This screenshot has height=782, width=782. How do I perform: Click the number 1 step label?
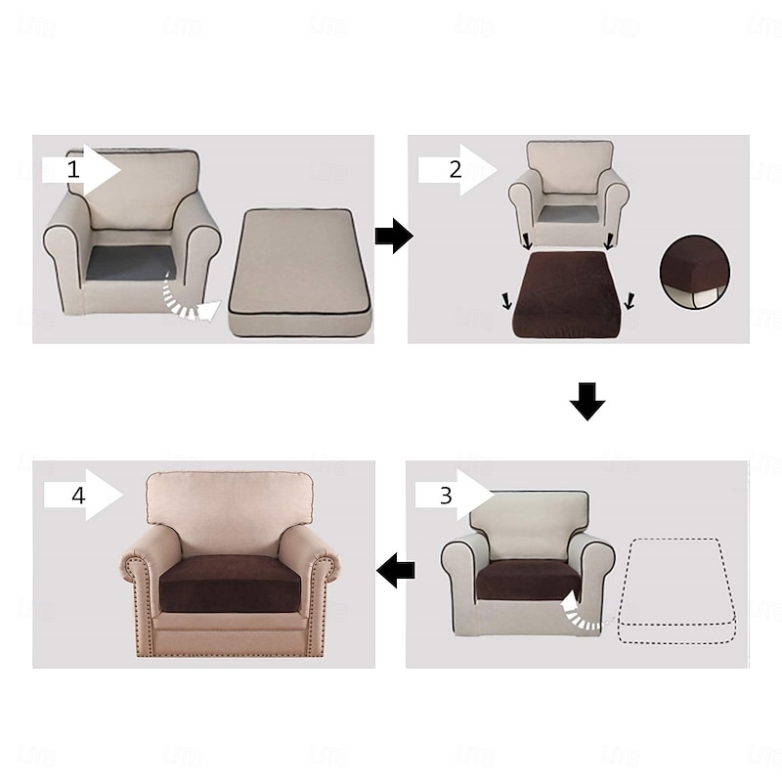pos(73,170)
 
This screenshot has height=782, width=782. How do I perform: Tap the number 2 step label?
pos(455,170)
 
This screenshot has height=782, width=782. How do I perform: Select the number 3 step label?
pos(446,496)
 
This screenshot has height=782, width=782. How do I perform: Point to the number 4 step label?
pos(78,496)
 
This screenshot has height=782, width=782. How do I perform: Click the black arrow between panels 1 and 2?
pos(394,236)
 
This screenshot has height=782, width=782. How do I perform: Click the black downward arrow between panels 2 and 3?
pos(587,402)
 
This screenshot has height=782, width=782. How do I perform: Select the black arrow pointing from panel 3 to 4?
pos(396,570)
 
